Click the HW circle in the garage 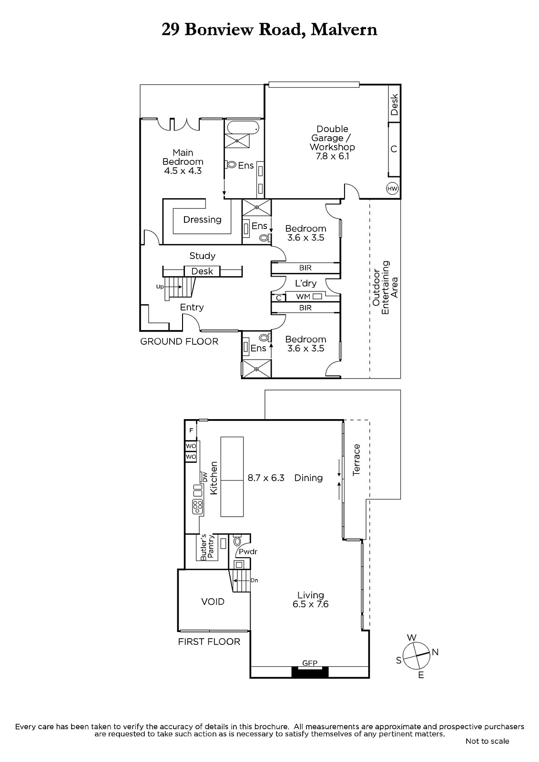(393, 189)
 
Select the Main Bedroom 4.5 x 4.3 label (183, 161)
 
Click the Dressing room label (202, 220)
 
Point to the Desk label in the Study (202, 271)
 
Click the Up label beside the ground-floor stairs (160, 287)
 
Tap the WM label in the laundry (303, 297)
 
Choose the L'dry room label (306, 283)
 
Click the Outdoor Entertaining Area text (385, 288)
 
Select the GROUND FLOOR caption (179, 341)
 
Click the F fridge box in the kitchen (191, 431)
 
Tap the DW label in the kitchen (204, 477)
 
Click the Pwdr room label (248, 551)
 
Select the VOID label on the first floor (213, 602)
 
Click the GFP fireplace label (310, 662)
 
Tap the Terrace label (356, 460)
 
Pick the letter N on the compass (435, 652)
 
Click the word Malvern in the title (344, 30)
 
